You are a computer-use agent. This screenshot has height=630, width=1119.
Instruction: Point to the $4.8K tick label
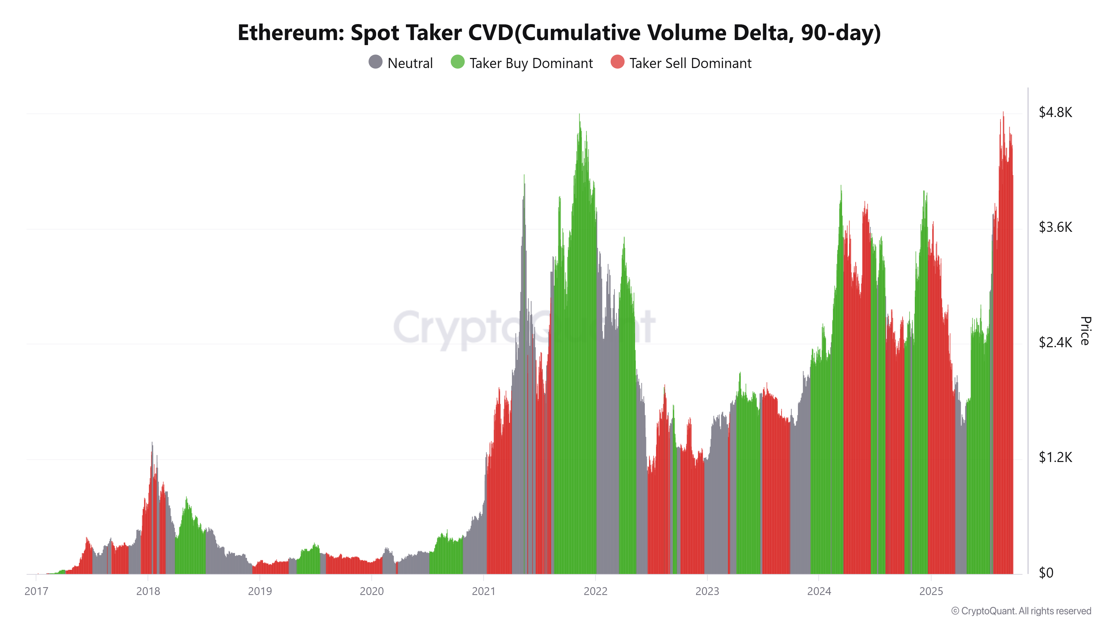[x=1055, y=113]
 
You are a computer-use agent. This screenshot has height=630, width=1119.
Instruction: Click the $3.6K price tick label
[x=1055, y=227]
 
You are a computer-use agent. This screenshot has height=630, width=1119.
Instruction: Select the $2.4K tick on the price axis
[x=1055, y=343]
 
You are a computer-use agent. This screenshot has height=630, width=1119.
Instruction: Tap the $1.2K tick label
[x=1055, y=458]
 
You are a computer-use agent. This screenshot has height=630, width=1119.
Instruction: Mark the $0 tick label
[x=1046, y=573]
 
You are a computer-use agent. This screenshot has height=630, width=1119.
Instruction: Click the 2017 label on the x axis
[x=36, y=591]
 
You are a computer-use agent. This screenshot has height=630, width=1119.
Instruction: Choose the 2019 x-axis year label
[x=260, y=591]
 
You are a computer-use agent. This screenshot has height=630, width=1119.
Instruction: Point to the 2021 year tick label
[x=483, y=591]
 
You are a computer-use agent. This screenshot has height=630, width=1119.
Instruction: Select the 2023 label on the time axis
[x=707, y=591]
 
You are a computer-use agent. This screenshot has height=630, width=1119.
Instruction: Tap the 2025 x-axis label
[x=931, y=591]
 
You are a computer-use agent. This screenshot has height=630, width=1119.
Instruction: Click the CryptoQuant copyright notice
[x=1021, y=611]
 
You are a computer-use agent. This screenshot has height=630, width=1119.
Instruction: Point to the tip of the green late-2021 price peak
[x=579, y=115]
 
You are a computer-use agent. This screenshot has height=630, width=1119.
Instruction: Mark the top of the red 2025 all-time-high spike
[x=1003, y=113]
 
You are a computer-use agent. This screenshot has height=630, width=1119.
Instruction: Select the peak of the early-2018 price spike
[x=152, y=443]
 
